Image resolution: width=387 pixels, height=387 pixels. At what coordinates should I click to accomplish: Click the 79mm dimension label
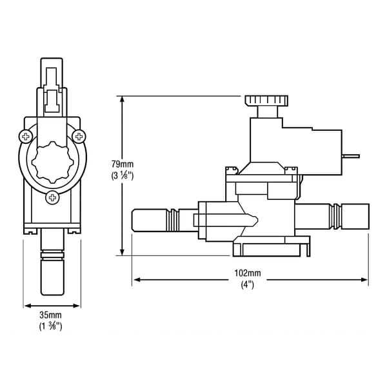pyautogui.click(x=122, y=163)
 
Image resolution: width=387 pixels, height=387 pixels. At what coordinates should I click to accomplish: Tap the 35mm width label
pyautogui.click(x=52, y=315)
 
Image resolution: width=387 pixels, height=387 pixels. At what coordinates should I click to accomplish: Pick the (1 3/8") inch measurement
pyautogui.click(x=52, y=326)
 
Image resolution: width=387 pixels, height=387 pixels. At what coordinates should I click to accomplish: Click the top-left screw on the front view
pyautogui.click(x=26, y=137)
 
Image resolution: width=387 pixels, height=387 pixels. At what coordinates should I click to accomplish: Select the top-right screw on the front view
pyautogui.click(x=79, y=136)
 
